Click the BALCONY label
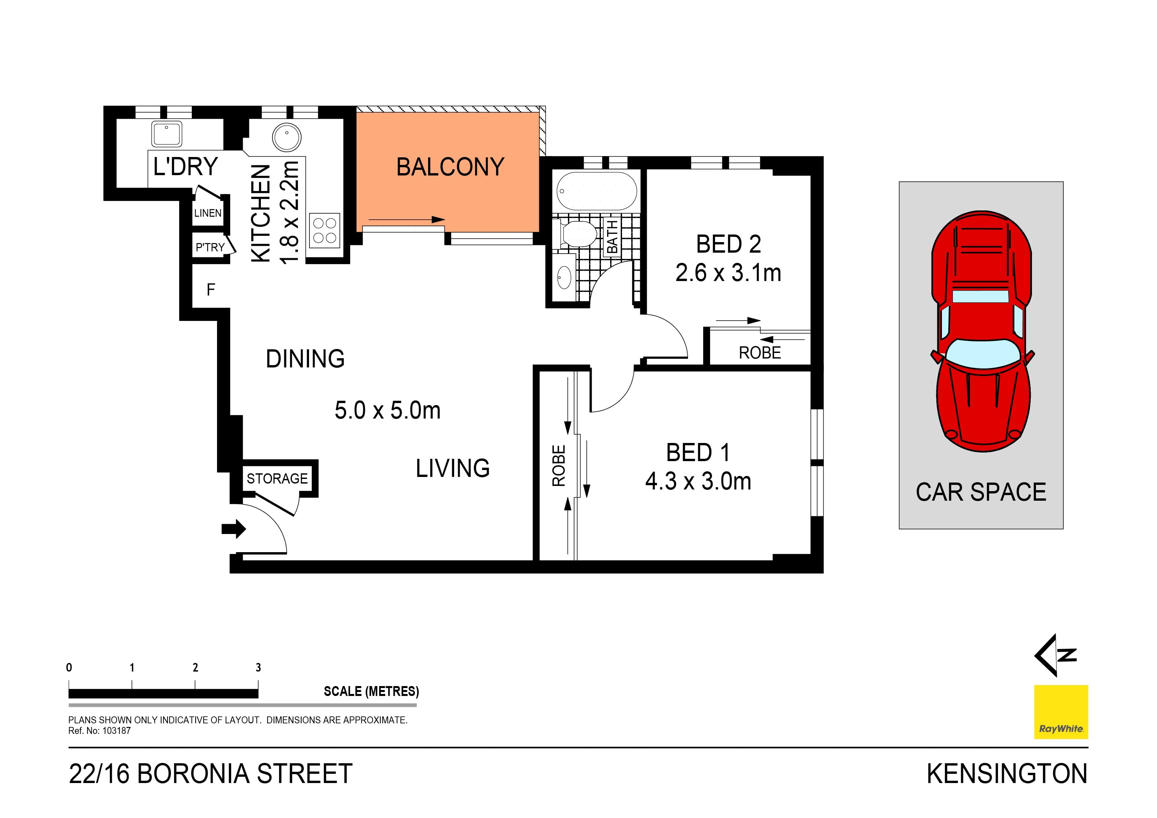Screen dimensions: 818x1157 point(450,167)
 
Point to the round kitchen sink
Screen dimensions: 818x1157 point(286,137)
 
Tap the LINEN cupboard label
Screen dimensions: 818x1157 point(207,213)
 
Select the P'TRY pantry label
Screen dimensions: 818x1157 point(210,247)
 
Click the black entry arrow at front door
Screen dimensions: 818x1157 point(233,529)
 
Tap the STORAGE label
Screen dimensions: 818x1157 point(277,478)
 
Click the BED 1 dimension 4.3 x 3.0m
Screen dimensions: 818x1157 point(698,481)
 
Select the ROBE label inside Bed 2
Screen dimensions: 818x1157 point(760,353)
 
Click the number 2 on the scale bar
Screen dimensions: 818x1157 point(195,668)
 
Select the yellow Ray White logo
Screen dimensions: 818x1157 point(1061,712)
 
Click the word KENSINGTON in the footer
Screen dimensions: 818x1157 point(1007,774)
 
